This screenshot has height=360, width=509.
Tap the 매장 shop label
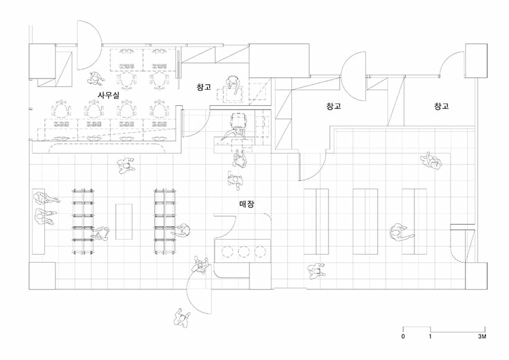point(246,204)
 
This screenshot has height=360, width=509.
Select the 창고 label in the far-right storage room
point(441,107)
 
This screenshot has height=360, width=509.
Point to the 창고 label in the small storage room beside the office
point(204,88)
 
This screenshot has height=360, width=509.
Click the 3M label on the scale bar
point(482,337)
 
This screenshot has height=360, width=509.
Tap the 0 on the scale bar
point(403,337)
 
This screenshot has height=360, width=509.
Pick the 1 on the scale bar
point(430,337)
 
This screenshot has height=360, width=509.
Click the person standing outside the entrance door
point(182,318)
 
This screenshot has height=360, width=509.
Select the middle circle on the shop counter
point(243,251)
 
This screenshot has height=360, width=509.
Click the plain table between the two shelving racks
point(124,221)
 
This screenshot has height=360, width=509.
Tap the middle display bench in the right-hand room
point(365,221)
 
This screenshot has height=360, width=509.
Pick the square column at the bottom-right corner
point(474,276)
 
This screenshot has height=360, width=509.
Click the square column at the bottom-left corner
point(40,276)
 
